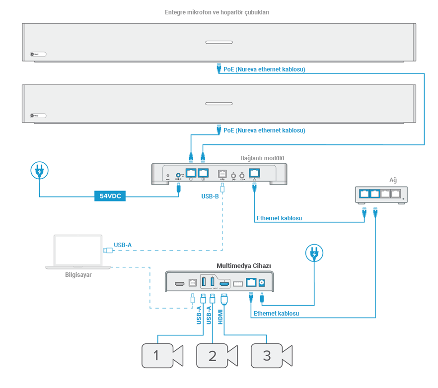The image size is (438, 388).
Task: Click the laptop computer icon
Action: tap(78, 252)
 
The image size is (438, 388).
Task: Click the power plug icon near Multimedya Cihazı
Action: tap(314, 255)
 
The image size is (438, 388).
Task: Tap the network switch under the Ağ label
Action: tap(381, 194)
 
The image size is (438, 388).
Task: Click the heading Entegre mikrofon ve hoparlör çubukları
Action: tap(217, 12)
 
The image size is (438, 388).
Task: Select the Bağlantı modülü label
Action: tap(262, 158)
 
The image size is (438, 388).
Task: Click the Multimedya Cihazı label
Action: tap(243, 266)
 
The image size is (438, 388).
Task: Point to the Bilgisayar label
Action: tap(78, 274)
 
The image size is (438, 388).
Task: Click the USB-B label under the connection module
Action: tap(210, 196)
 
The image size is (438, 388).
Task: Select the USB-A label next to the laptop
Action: tap(123, 245)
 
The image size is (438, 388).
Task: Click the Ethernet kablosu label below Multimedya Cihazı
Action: tap(276, 314)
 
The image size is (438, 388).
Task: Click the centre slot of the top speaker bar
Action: tap(219, 42)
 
